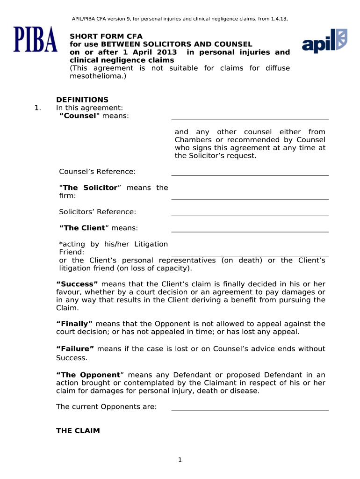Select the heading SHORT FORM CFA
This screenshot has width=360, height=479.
[x=106, y=36]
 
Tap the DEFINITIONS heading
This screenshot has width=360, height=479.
[x=82, y=100]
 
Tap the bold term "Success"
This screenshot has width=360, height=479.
[x=77, y=284]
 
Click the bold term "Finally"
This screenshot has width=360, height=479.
[x=75, y=324]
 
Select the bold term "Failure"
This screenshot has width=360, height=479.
[x=75, y=349]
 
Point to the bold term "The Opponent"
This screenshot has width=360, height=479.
[x=88, y=375]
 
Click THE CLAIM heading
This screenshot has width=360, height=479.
[x=78, y=431]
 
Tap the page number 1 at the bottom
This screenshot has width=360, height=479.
[x=180, y=460]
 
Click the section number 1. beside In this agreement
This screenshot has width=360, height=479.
[x=37, y=108]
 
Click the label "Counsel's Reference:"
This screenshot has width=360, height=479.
[x=97, y=172]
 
